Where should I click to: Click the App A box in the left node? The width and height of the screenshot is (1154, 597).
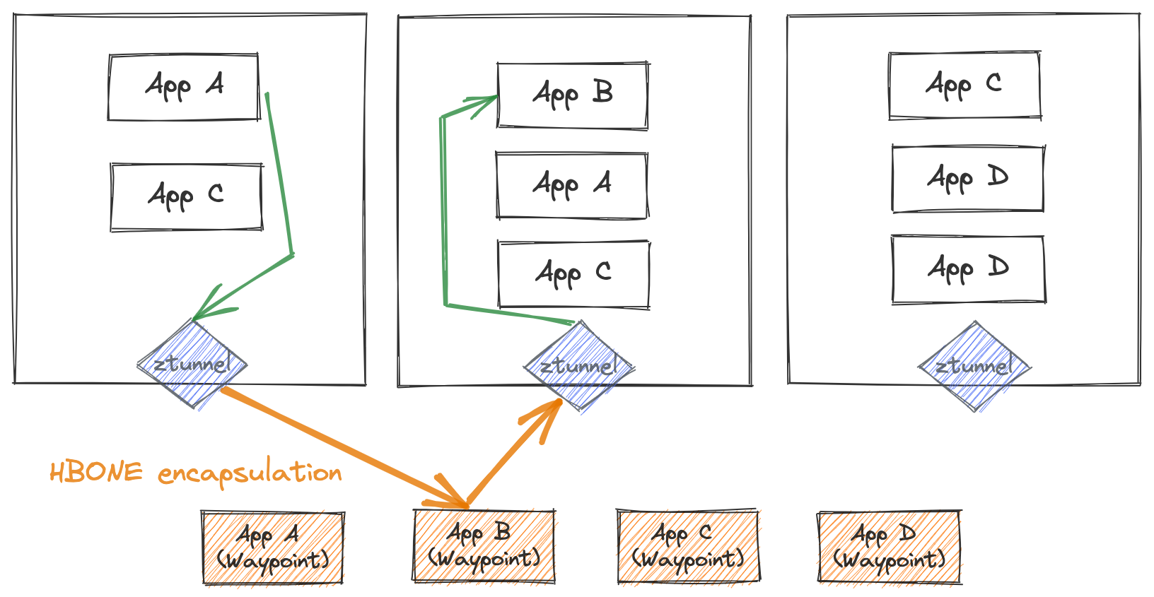point(184,87)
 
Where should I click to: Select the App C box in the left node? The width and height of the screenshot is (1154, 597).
point(187,197)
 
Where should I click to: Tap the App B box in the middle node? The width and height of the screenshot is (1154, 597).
point(572,95)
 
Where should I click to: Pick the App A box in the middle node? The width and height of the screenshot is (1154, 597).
point(571,185)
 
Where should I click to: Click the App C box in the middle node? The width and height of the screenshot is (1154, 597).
point(573,274)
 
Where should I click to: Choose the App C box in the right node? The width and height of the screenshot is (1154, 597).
point(964,85)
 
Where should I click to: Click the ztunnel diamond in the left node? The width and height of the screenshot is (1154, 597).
point(192,365)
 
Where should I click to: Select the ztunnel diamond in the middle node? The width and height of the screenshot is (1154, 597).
point(579,366)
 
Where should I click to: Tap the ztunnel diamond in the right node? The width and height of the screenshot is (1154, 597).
point(974,366)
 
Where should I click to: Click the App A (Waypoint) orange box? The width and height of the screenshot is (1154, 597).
point(273,548)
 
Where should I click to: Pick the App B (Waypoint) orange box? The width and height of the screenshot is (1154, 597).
point(484,546)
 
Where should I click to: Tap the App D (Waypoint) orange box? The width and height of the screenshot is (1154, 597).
point(889,548)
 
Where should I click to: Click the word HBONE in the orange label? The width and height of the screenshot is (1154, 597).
point(95,472)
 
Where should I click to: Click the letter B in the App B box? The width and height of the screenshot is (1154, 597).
point(602,92)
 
